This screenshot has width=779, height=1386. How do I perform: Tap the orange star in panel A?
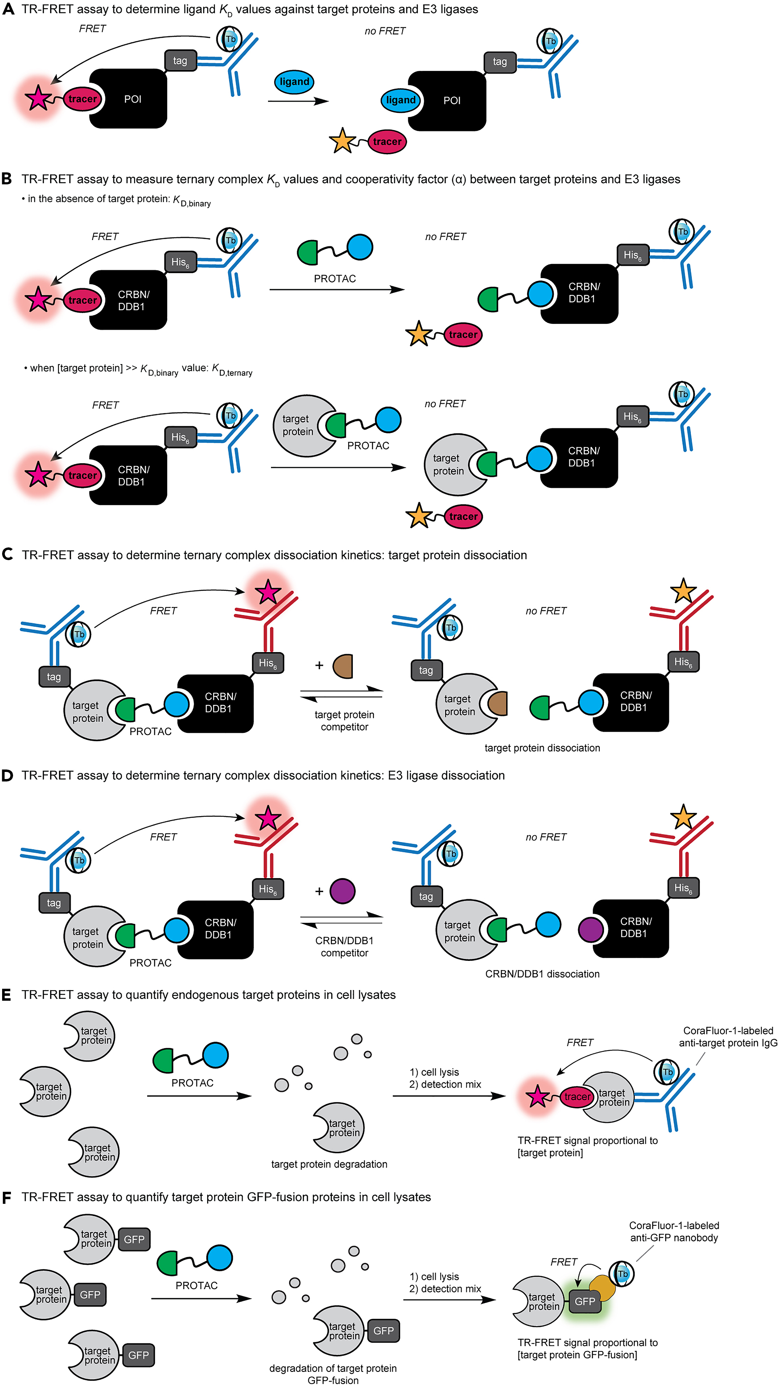coord(342,141)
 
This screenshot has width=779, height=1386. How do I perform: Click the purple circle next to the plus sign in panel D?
coord(342,891)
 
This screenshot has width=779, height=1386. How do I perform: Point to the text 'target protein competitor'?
coord(345,720)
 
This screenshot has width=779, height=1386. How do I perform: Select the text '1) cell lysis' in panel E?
coord(434,1072)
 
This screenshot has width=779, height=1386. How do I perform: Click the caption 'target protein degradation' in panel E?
coord(329,1164)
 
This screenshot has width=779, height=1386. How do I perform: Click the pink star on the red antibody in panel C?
coord(267,593)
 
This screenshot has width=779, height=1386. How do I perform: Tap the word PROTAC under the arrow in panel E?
coord(192,1083)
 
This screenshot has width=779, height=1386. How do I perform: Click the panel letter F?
coord(7,1197)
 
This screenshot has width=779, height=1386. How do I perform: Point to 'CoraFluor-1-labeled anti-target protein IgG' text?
coord(728,1036)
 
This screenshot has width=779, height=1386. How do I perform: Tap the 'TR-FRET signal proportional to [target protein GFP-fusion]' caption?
coord(587,1348)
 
